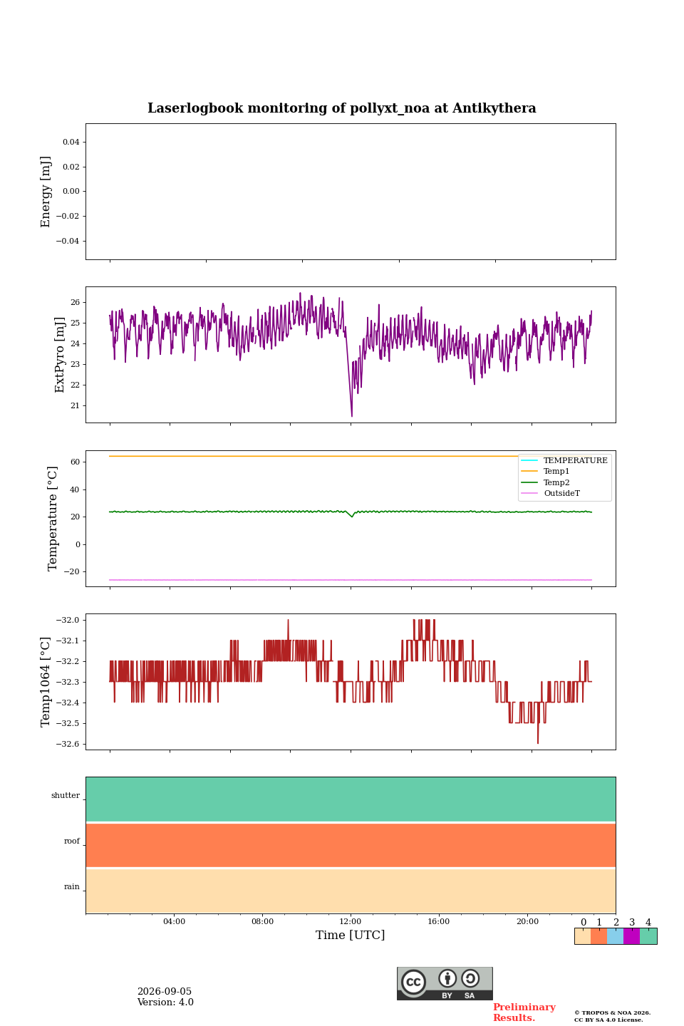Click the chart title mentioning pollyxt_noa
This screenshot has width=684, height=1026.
341,108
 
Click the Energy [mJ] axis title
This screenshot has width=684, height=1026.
46,192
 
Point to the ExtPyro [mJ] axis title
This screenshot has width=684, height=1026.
59,355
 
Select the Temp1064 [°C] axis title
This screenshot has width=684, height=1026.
45,682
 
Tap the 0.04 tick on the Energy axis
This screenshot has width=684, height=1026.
71,142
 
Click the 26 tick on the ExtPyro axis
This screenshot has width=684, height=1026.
75,302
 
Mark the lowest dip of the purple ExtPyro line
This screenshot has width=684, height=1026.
351,416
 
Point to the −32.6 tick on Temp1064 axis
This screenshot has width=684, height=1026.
68,744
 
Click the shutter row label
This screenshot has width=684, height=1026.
66,795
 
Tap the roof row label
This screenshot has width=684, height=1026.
72,841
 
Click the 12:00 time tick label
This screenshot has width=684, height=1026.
350,921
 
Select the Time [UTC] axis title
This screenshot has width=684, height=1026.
350,935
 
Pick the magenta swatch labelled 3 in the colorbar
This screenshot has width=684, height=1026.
631,936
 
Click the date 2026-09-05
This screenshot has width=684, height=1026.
165,992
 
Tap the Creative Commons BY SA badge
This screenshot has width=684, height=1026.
445,983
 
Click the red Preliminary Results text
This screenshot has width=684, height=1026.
524,1012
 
